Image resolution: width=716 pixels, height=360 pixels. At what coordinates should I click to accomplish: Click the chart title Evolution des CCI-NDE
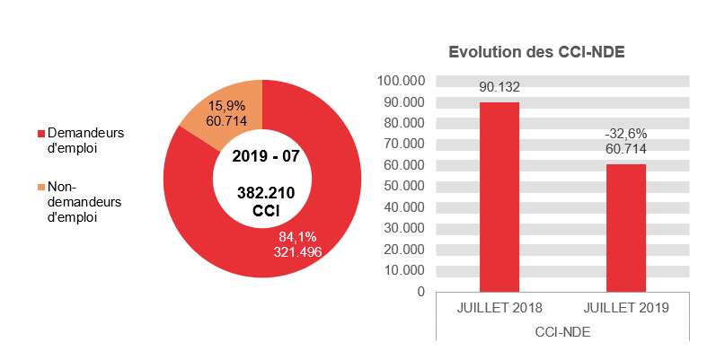pos(536,53)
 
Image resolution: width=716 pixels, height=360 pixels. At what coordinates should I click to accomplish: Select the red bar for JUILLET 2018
pos(499,198)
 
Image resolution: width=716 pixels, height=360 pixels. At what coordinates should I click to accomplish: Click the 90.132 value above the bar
pos(499,87)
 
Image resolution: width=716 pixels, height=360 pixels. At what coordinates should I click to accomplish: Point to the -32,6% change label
pos(625,133)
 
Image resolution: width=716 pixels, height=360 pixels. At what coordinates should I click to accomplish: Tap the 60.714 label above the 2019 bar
pos(625,148)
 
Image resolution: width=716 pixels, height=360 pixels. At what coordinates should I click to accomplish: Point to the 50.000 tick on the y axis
pos(402,186)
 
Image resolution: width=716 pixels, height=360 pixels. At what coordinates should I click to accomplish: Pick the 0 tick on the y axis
pos(419,292)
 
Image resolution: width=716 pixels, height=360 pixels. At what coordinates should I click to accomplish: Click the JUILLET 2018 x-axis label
pos(499,308)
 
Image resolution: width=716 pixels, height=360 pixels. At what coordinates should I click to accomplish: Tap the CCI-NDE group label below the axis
pos(562,330)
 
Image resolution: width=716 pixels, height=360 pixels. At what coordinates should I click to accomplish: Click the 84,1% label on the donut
pos(297,237)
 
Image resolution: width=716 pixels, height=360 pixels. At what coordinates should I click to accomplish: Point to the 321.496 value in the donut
pos(297,251)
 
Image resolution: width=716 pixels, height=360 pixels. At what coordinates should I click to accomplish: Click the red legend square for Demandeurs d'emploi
pos(40,134)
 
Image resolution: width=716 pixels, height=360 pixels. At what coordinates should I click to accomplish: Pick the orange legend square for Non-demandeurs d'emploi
pos(40,187)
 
